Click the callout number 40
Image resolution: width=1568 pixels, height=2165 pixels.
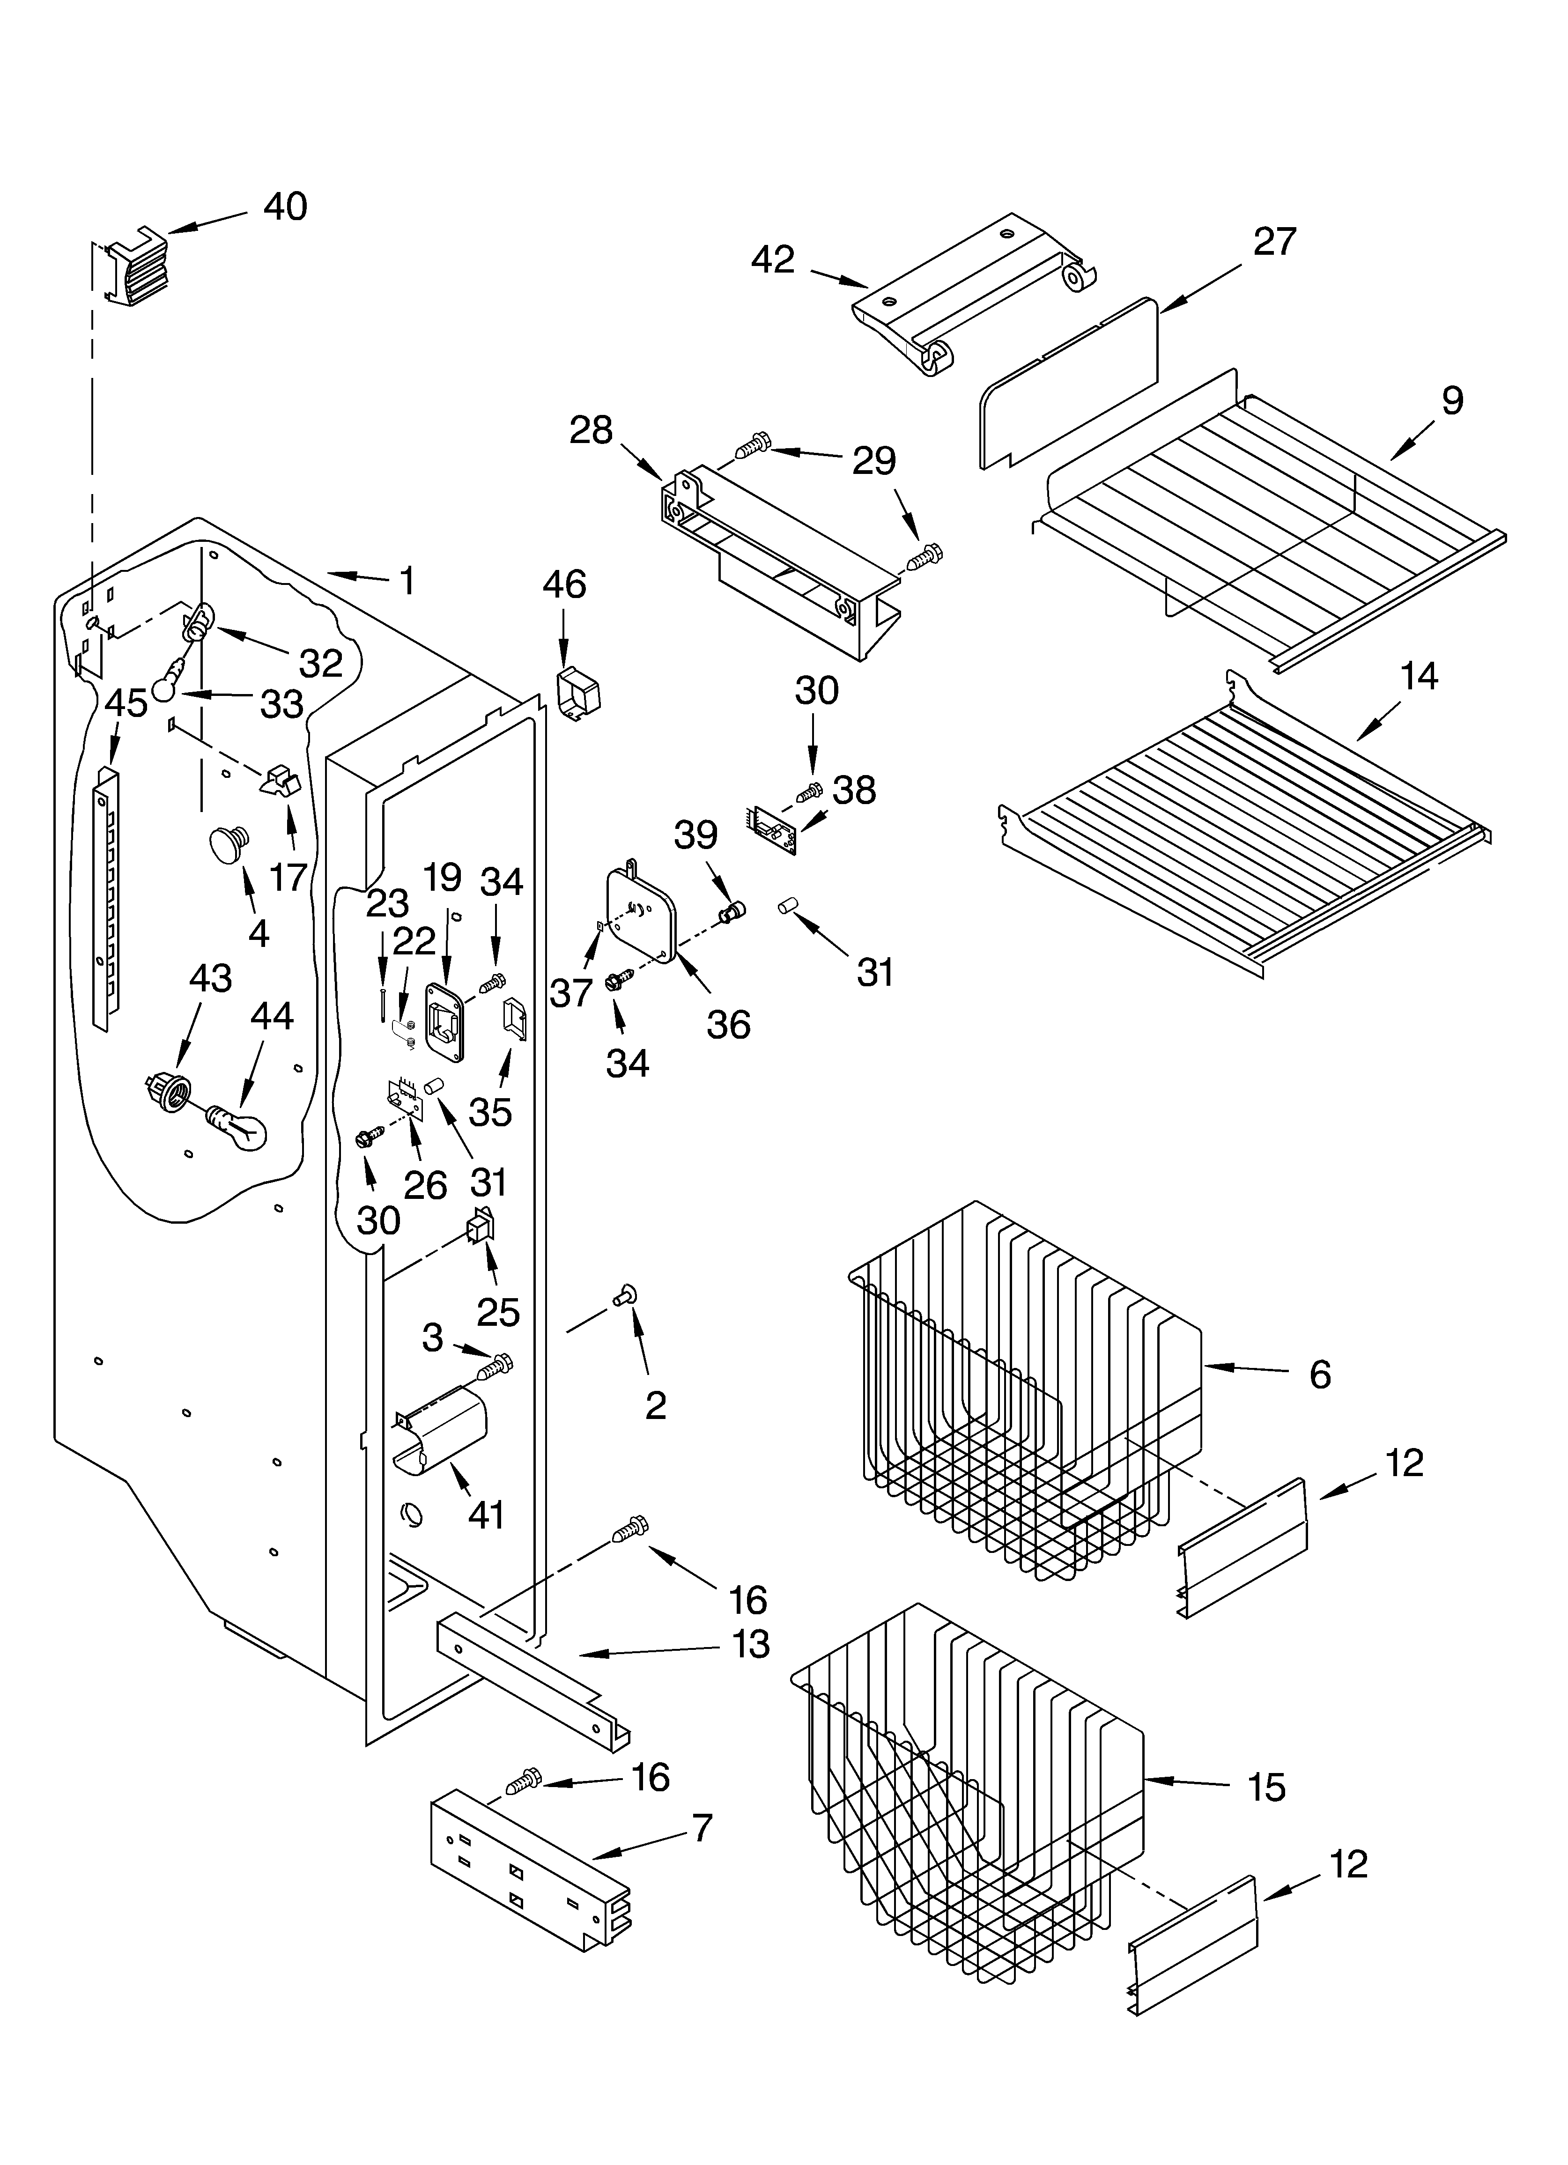[285, 207]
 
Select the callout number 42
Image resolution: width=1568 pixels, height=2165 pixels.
[773, 259]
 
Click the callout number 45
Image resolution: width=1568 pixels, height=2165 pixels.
[126, 703]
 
